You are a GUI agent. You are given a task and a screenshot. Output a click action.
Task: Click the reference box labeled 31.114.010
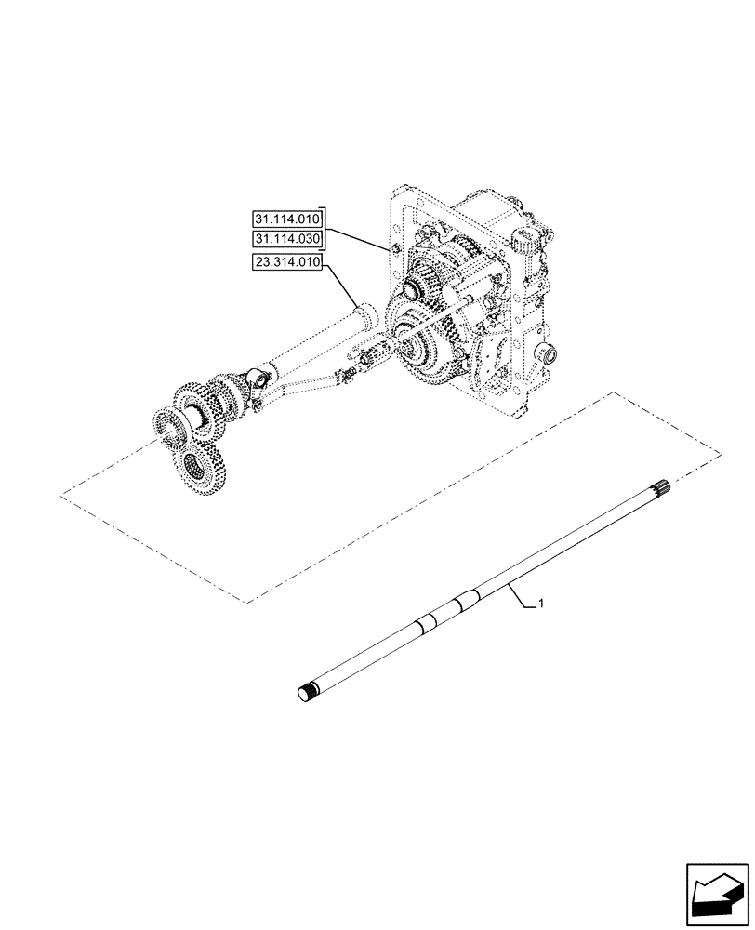(286, 219)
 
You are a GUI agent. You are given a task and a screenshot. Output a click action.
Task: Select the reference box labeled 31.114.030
(286, 239)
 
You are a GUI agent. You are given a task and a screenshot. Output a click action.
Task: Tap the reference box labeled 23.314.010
(286, 263)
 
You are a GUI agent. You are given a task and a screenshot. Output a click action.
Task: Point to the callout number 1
(541, 605)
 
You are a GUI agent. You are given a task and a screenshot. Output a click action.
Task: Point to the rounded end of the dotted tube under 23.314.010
(366, 313)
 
